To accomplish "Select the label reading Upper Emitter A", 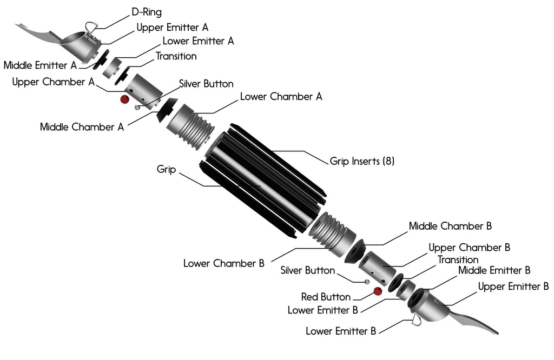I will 172,26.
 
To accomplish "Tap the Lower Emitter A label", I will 198,41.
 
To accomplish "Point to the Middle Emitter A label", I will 40,65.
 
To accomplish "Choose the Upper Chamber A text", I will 53,82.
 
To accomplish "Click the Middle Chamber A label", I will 82,127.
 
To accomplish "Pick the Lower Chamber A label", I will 281,97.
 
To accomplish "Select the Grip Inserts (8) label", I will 362,161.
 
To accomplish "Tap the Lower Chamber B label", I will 223,264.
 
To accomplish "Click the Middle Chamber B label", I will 450,226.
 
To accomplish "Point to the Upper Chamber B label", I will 469,248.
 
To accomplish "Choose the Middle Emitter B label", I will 494,270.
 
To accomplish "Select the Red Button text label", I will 326,297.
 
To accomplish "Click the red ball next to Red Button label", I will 378,291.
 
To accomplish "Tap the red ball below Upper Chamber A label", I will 124,99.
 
